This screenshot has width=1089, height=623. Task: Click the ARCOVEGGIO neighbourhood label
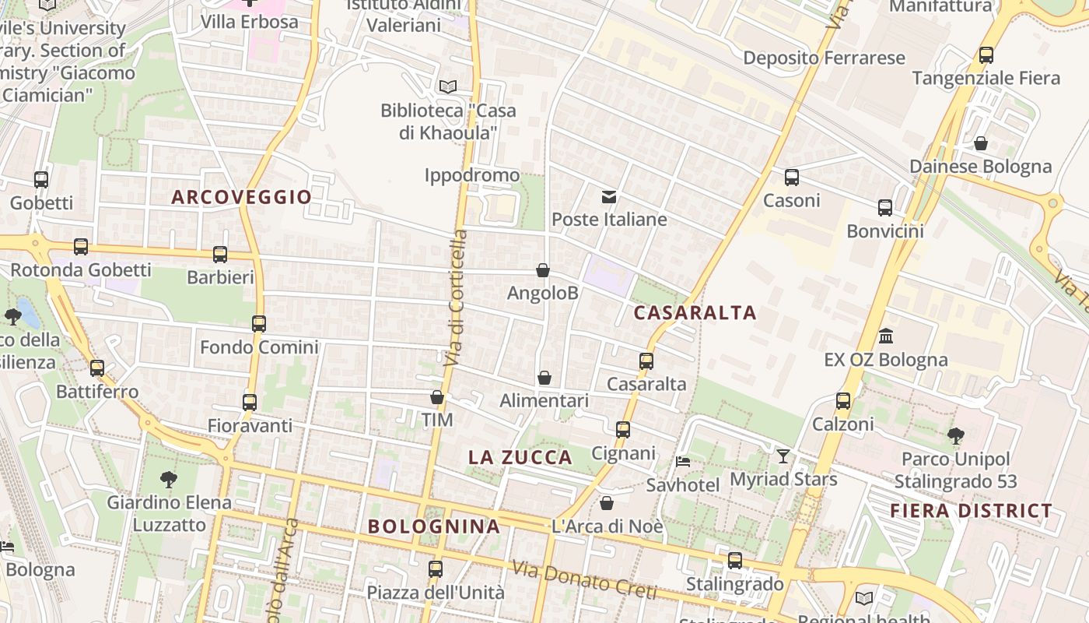point(241,197)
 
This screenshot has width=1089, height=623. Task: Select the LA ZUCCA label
point(520,457)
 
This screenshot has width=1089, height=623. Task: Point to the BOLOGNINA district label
point(434,526)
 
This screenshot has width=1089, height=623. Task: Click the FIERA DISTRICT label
point(971,511)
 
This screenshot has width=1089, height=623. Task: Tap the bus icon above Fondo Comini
point(259,323)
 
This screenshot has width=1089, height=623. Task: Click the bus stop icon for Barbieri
point(220,254)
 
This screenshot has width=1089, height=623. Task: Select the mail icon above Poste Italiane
point(608,196)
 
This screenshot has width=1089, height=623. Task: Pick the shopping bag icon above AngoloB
point(543,270)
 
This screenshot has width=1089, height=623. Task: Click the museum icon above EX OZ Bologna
point(885,336)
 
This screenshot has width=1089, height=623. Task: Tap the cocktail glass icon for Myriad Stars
point(783,456)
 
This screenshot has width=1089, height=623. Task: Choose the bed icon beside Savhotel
point(682,461)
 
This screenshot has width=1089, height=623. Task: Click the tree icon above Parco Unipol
point(955,436)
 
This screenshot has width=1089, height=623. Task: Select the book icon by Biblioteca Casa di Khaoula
point(447,86)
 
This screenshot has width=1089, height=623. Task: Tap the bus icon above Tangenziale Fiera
point(986,55)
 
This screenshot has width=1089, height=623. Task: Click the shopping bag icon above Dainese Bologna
point(981,143)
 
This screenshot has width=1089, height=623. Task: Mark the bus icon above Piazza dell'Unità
point(436,569)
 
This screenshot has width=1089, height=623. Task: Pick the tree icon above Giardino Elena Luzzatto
point(168,479)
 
